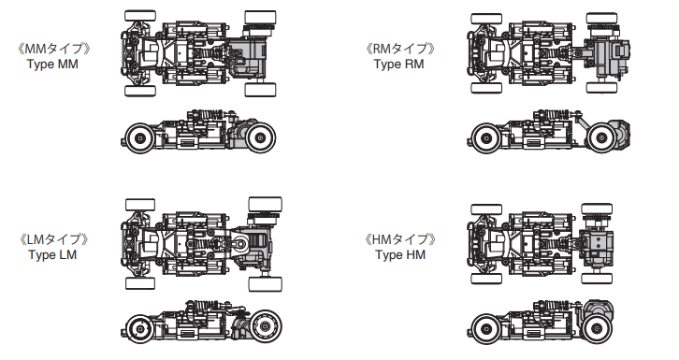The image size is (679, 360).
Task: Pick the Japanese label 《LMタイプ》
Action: point(53,239)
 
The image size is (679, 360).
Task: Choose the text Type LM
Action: point(53,255)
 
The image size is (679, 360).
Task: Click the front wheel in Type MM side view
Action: point(140,137)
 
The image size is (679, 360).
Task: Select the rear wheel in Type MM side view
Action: point(259,137)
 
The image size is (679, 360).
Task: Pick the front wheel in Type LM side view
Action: point(140,328)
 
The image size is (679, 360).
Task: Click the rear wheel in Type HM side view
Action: point(594,328)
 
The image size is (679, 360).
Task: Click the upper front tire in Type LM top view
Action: point(138,205)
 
